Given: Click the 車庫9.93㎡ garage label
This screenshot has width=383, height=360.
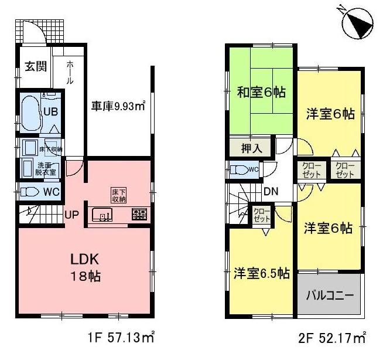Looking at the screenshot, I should tap(118, 106).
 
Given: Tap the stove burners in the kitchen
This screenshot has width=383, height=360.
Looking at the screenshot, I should tap(139, 214).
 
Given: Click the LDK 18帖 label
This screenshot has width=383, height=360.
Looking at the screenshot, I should tap(87, 267).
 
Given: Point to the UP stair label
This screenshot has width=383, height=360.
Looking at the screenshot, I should tap(71, 214).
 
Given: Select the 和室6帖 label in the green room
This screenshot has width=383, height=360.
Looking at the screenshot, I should tap(260, 91).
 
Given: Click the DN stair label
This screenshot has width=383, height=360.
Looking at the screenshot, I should tap(271, 191).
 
